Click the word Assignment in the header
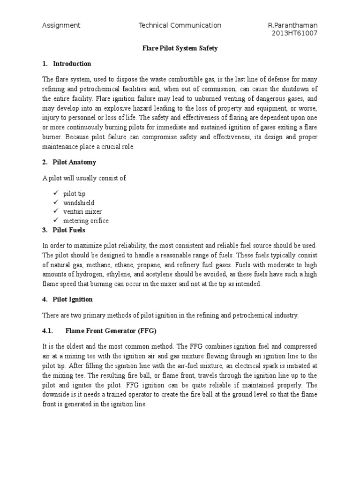tap(61, 25)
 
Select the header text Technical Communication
tap(180, 25)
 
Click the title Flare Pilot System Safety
tap(180, 48)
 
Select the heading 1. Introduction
tap(67, 64)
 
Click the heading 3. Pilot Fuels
tap(64, 230)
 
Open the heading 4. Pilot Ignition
tap(67, 299)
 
